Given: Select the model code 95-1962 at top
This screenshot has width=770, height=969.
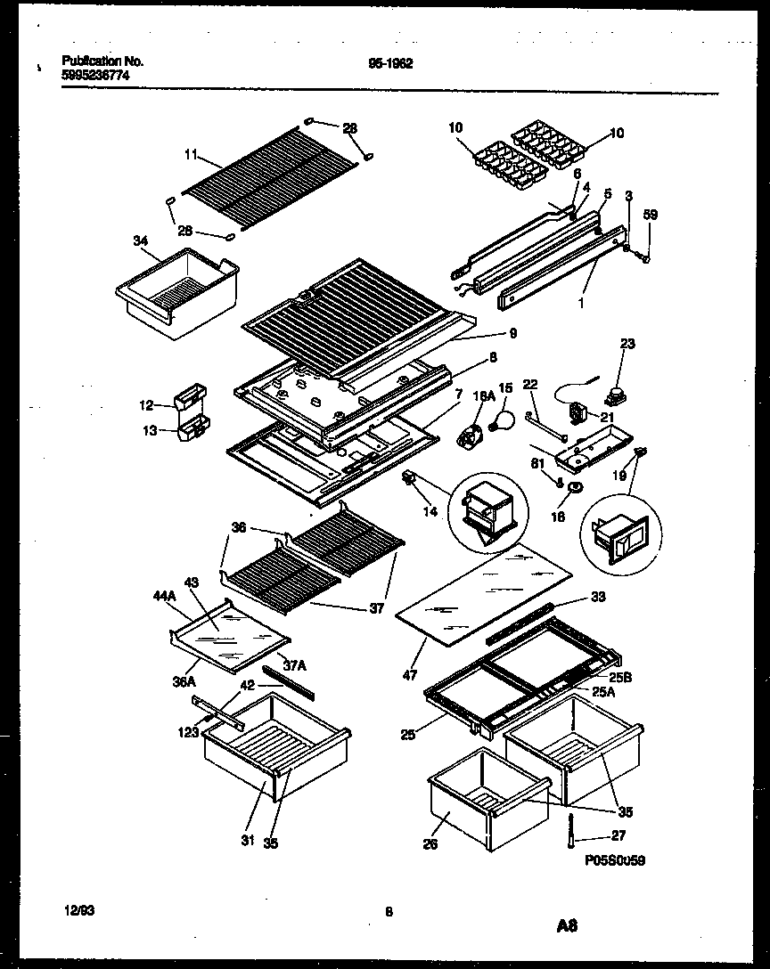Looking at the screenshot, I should [389, 63].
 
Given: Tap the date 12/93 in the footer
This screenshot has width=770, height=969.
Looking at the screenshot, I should [79, 909].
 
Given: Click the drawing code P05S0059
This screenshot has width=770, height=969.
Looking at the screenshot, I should [615, 862].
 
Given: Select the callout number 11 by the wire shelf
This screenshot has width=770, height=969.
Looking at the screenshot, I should [189, 154].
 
